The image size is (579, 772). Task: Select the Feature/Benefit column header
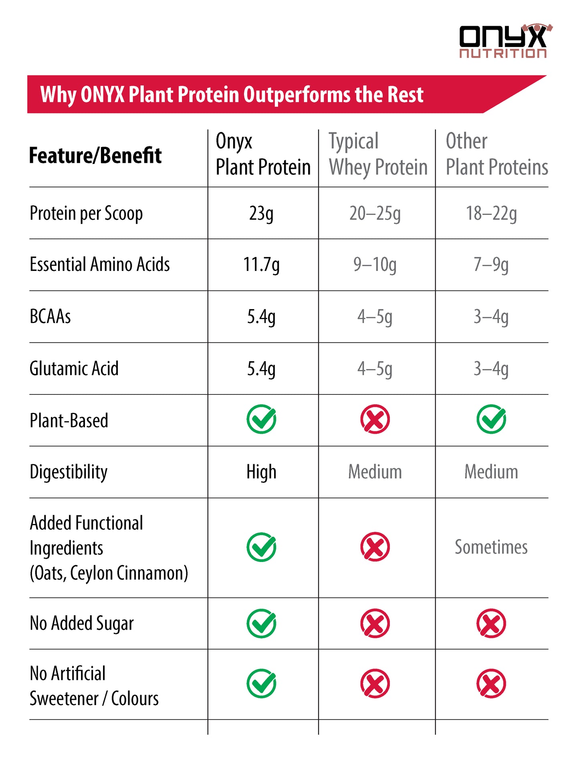(x=95, y=156)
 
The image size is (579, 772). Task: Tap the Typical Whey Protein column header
(x=378, y=154)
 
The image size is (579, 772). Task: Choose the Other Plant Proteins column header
(x=496, y=154)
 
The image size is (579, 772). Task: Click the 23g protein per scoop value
(x=261, y=214)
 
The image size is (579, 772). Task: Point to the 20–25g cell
(x=375, y=214)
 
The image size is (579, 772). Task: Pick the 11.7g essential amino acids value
(x=261, y=265)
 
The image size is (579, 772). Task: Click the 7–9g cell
(x=491, y=265)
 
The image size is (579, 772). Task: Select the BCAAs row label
(x=50, y=317)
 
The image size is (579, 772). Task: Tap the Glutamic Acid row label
(x=74, y=369)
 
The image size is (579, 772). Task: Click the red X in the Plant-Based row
(x=375, y=419)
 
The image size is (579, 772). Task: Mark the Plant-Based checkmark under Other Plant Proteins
(x=491, y=419)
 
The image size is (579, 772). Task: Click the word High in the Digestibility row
(x=261, y=472)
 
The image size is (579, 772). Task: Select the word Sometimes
(x=491, y=547)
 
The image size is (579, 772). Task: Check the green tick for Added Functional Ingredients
(x=261, y=547)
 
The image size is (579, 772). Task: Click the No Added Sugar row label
(x=82, y=624)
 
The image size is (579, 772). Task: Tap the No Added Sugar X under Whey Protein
(x=375, y=624)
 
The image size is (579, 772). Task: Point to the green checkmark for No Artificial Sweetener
(x=261, y=684)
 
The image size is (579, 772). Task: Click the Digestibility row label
(x=69, y=472)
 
